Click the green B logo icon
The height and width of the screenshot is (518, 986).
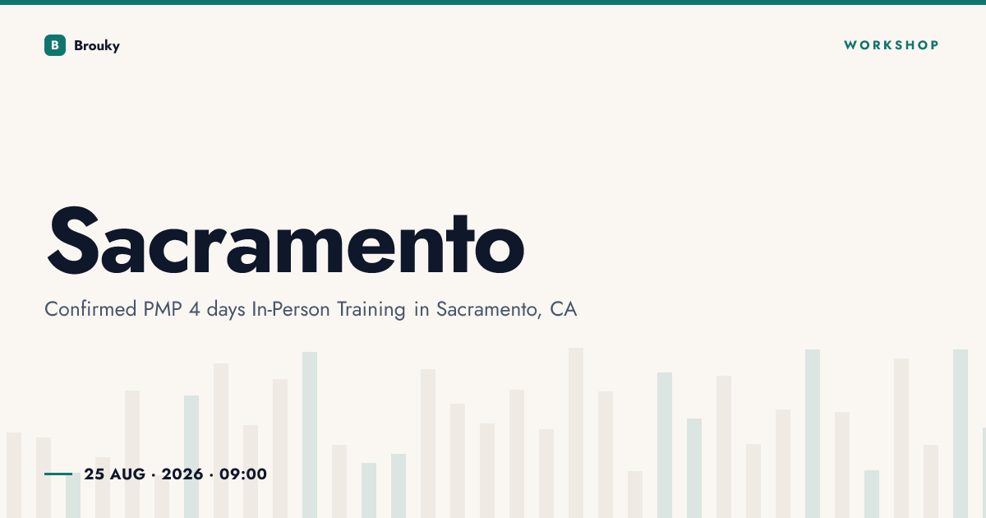pyautogui.click(x=55, y=45)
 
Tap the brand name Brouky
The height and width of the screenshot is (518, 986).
pyautogui.click(x=97, y=46)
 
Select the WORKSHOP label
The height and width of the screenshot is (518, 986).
pyautogui.click(x=892, y=45)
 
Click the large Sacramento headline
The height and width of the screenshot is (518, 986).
pyautogui.click(x=286, y=240)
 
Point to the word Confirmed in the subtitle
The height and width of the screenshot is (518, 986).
pyautogui.click(x=90, y=309)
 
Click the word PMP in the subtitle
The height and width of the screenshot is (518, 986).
pyautogui.click(x=163, y=309)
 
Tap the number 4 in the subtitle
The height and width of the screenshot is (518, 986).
pyautogui.click(x=194, y=309)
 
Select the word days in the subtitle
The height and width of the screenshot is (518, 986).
pyautogui.click(x=226, y=310)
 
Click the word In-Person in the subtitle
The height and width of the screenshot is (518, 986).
pyautogui.click(x=291, y=309)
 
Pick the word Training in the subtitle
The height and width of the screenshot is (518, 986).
pyautogui.click(x=371, y=310)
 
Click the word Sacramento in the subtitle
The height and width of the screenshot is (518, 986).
pyautogui.click(x=488, y=309)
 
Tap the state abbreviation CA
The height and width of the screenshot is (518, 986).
pyautogui.click(x=563, y=309)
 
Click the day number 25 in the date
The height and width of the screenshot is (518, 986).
pyautogui.click(x=94, y=474)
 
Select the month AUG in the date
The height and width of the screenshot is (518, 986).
pyautogui.click(x=127, y=474)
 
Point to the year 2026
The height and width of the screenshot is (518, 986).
pyautogui.click(x=182, y=474)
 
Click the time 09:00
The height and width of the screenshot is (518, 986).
pyautogui.click(x=243, y=474)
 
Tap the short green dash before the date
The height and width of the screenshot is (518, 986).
pyautogui.click(x=58, y=474)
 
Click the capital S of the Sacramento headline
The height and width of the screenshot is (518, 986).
pyautogui.click(x=72, y=240)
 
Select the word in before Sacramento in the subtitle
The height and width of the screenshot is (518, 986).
pyautogui.click(x=422, y=309)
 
